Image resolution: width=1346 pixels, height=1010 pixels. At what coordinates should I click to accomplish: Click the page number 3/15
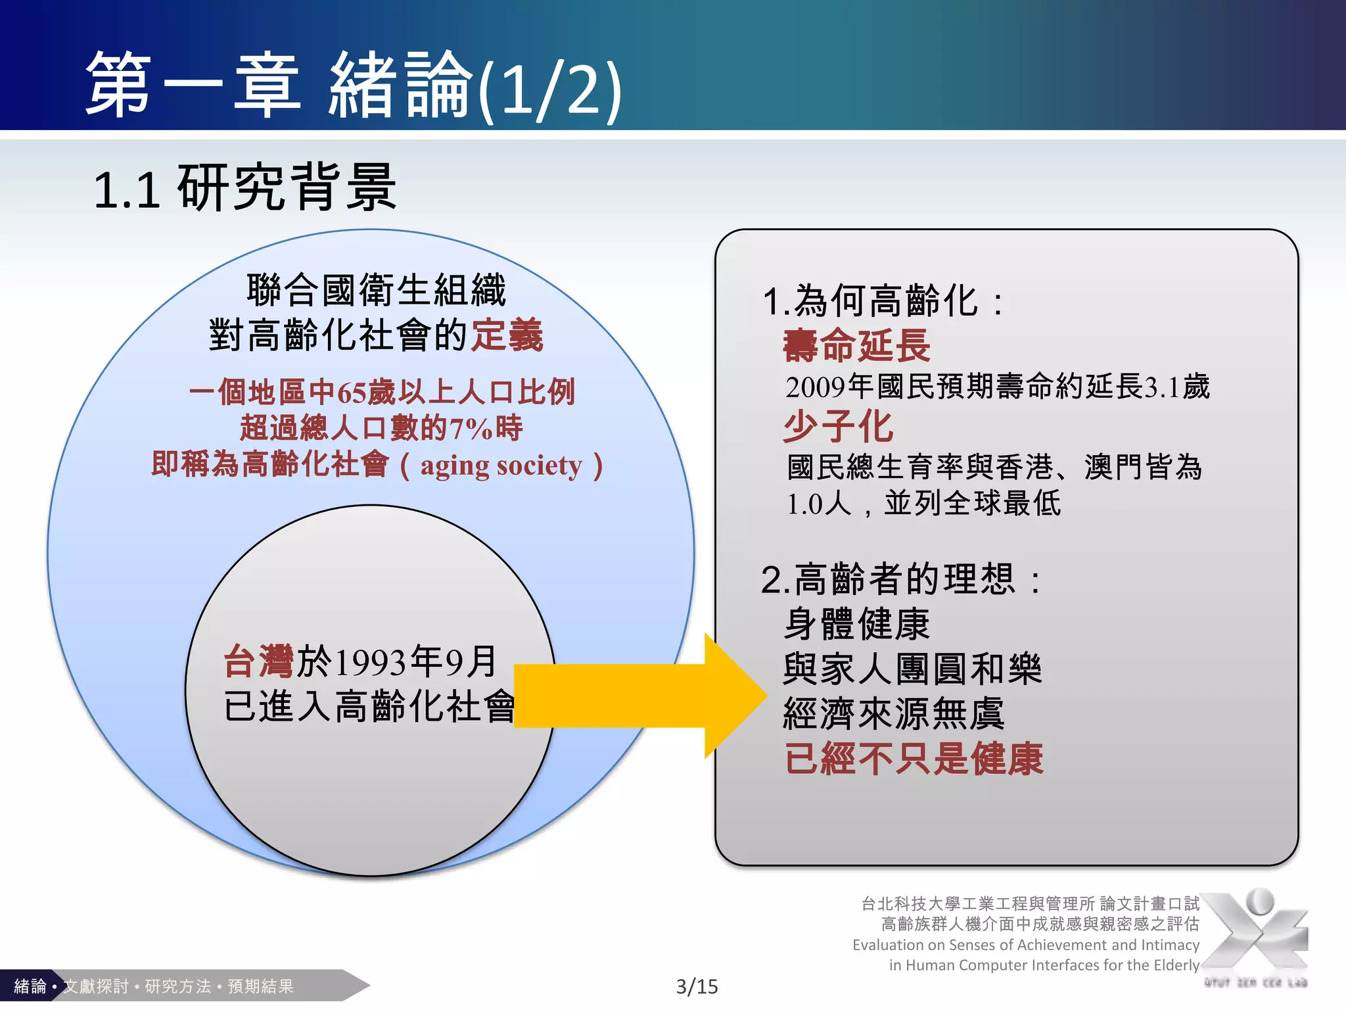coord(697,986)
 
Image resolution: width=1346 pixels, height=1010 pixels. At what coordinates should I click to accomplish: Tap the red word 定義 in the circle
coord(507,335)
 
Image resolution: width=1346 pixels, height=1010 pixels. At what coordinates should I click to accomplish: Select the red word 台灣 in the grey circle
coord(258,661)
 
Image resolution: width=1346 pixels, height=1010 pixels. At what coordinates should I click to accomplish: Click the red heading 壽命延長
coord(856,346)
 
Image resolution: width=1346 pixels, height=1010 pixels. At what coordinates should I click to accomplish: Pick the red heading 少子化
coord(838,426)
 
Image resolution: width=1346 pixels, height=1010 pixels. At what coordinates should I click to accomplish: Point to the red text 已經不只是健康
coord(914,759)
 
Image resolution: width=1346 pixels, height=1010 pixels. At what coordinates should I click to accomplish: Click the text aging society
coord(501,466)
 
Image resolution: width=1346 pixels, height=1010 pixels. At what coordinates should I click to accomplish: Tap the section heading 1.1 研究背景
coord(244,189)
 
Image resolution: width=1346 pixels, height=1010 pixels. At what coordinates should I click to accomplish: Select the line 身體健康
coord(856,623)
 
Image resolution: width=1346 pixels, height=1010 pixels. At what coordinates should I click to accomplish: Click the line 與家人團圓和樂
coord(912,669)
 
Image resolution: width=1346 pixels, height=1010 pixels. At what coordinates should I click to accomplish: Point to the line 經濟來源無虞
coord(894,714)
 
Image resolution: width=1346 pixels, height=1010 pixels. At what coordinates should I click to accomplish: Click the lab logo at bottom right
coord(1255,934)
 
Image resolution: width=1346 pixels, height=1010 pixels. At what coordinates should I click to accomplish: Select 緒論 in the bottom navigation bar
coord(30,986)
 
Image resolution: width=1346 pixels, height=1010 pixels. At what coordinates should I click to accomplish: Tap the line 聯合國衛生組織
coord(376,290)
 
